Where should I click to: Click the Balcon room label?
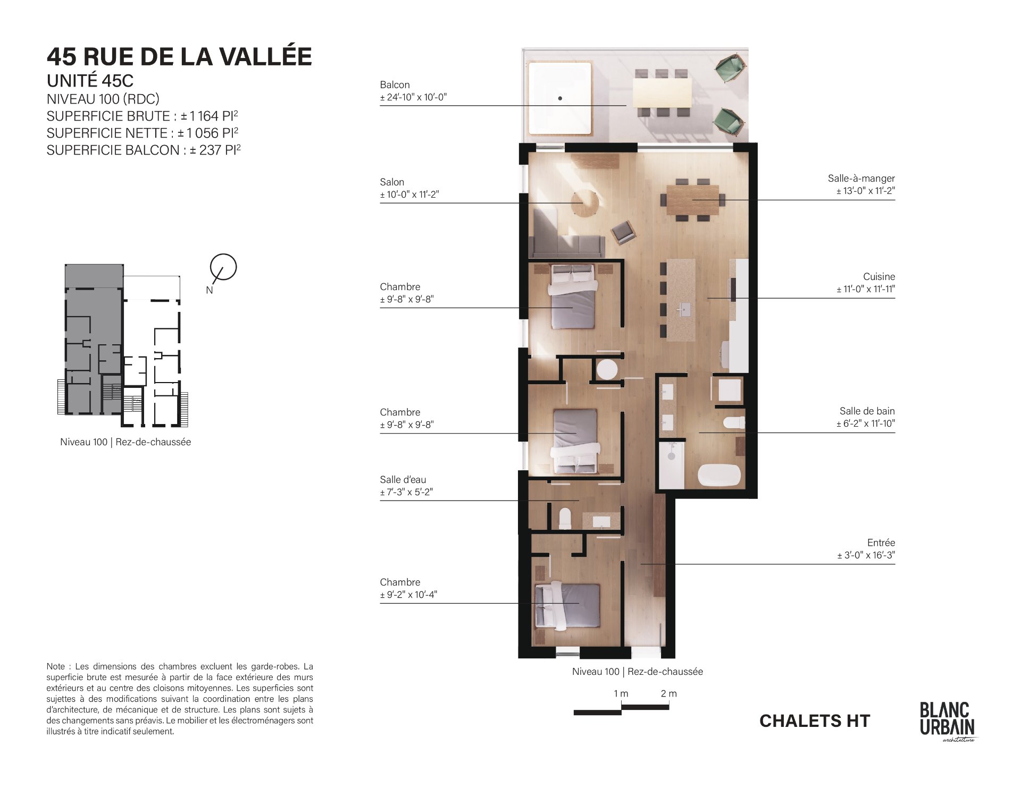coord(395,84)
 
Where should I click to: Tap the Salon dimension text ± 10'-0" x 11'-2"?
coord(409,194)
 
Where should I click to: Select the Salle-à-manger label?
coord(861,179)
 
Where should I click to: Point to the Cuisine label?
coord(879,276)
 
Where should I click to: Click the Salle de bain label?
coord(867,411)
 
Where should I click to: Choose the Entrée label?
coord(881,543)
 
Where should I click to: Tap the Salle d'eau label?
coord(403,480)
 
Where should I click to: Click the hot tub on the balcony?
coord(559,99)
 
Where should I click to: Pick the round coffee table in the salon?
coord(585,203)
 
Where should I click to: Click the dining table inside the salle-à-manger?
coord(692,200)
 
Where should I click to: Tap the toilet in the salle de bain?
coord(734,423)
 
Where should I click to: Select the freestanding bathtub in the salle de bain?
coord(719,476)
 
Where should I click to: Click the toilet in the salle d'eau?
coord(565,519)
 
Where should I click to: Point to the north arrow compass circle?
coord(223,267)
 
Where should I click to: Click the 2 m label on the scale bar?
coord(668,693)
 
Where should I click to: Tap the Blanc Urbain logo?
coord(948,721)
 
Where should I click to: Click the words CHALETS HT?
coord(815,721)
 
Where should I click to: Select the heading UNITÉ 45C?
coord(90,81)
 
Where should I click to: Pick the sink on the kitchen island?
coord(684,308)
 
